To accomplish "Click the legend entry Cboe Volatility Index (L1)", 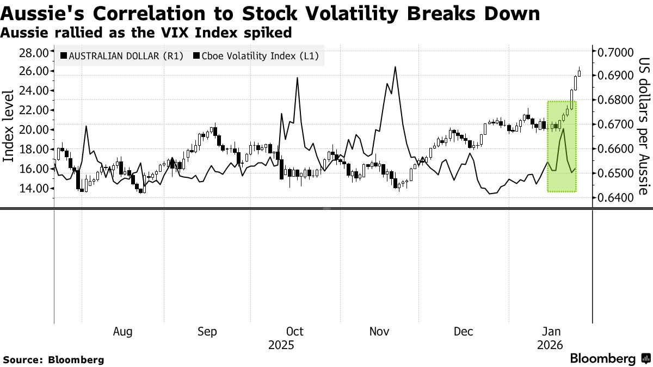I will click(255, 55).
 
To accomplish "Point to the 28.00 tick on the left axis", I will click(34, 52).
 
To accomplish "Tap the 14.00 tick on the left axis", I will click(34, 188).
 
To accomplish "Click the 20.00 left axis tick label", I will click(34, 129).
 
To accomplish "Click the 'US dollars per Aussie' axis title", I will click(643, 126).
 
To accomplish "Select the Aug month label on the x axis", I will click(122, 332).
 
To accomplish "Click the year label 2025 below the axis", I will click(281, 345).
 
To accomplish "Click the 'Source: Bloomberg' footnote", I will click(53, 360).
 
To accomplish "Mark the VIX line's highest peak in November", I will click(395, 67).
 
